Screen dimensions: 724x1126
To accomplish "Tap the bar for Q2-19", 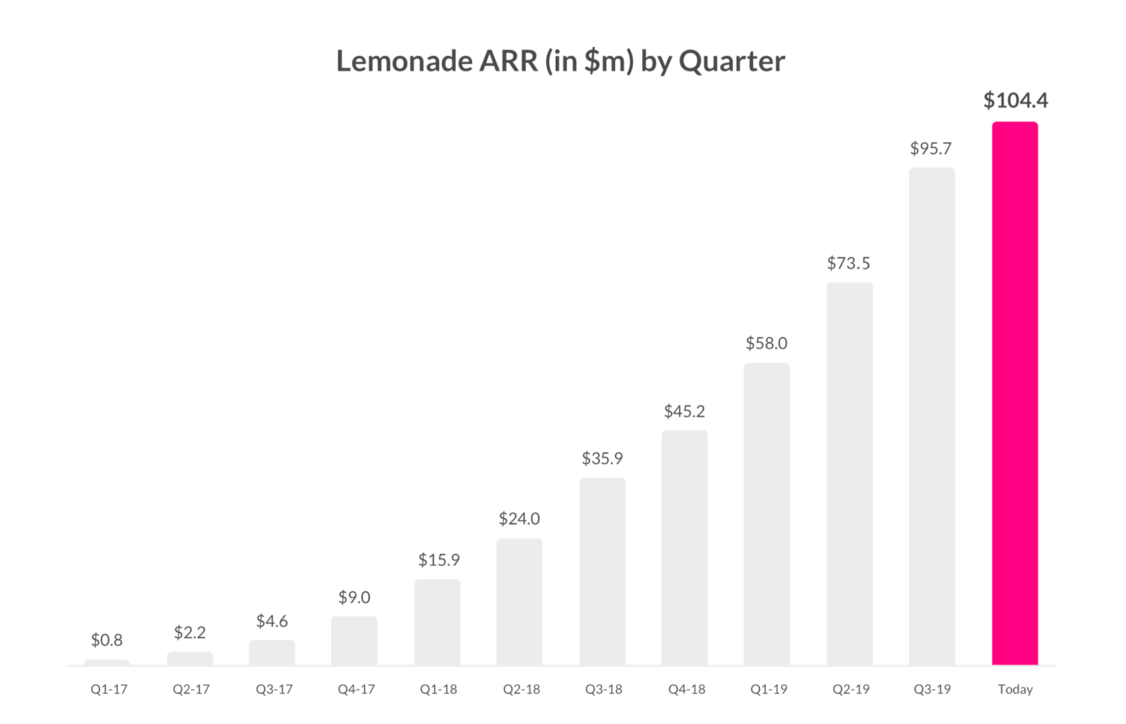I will pyautogui.click(x=849, y=474).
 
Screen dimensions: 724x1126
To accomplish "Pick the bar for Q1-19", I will pyautogui.click(x=767, y=514).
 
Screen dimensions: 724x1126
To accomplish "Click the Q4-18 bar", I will pyautogui.click(x=684, y=548).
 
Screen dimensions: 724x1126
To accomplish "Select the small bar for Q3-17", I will pyautogui.click(x=272, y=653).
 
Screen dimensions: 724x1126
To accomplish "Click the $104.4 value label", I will pyautogui.click(x=1015, y=100).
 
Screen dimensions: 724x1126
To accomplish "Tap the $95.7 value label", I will pyautogui.click(x=931, y=148).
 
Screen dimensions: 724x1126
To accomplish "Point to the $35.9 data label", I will pyautogui.click(x=602, y=458).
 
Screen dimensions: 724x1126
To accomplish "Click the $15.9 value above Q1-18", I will pyautogui.click(x=438, y=560).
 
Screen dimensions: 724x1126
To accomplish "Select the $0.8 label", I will pyautogui.click(x=107, y=640).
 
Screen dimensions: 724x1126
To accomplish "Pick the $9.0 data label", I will pyautogui.click(x=354, y=597).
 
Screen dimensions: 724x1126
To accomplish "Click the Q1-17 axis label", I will pyautogui.click(x=109, y=689).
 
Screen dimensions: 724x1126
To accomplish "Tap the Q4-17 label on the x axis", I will pyautogui.click(x=356, y=689).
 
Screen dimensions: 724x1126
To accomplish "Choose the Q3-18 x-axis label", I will pyautogui.click(x=603, y=689).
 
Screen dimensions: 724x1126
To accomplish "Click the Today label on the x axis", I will pyautogui.click(x=1015, y=689).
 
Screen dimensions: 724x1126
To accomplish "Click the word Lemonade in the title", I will pyautogui.click(x=404, y=61).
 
